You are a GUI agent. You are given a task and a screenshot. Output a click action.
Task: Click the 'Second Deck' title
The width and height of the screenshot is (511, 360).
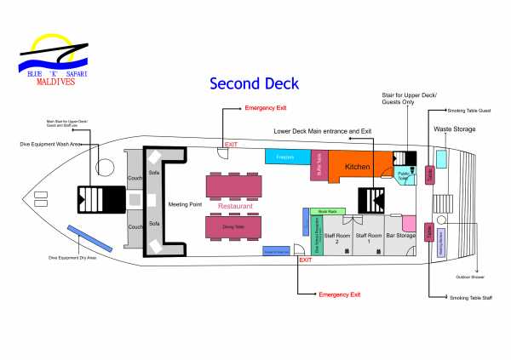[254, 83]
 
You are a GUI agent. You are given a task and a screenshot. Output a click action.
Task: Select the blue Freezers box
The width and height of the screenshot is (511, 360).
[285, 156]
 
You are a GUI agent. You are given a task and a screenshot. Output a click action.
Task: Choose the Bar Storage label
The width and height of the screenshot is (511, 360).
[399, 235]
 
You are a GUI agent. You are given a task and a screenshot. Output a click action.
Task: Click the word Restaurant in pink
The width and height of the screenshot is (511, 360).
[234, 206]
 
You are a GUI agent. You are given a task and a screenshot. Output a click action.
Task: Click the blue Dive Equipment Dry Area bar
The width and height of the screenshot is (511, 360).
[82, 233]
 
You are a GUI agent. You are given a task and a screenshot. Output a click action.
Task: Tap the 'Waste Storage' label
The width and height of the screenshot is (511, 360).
[454, 129]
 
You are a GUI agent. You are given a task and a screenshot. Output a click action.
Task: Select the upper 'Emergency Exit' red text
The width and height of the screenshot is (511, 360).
[266, 109]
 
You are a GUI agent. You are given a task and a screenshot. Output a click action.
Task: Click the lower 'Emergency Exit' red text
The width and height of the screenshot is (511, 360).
[339, 294]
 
